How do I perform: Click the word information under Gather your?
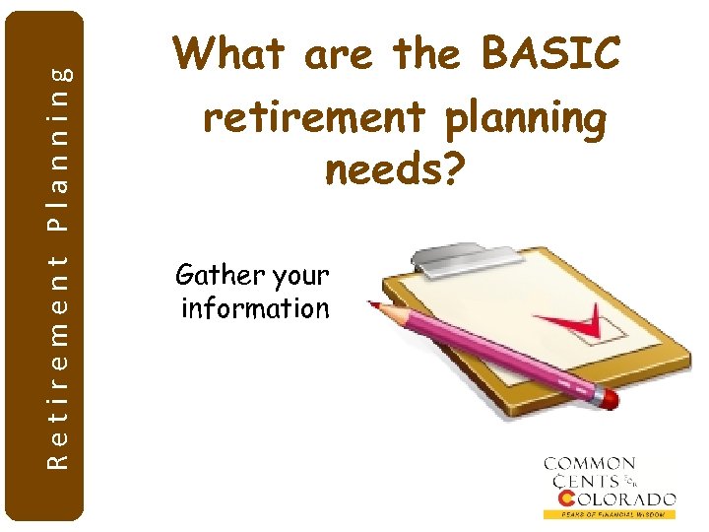(255, 308)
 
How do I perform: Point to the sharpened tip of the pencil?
(375, 305)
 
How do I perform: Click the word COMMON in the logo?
(590, 464)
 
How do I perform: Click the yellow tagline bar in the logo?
(610, 514)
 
